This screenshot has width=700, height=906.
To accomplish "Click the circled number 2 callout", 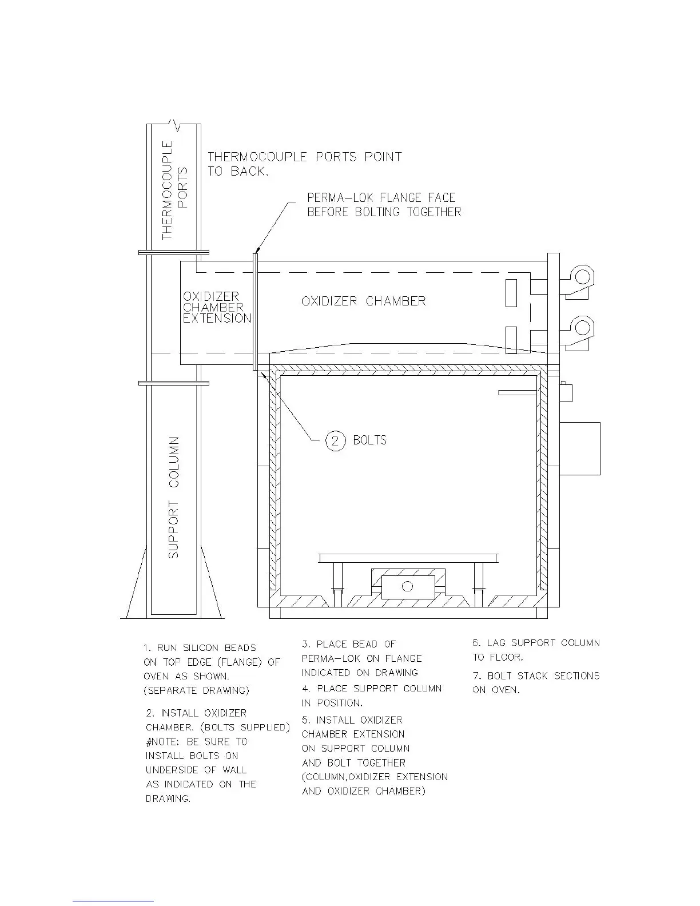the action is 336,440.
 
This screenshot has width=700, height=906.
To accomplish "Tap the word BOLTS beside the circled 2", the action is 369,440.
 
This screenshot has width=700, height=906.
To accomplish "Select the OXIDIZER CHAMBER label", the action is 363,301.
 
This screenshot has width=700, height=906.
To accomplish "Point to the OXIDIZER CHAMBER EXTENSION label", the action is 217,307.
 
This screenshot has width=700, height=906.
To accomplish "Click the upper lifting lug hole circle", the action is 583,277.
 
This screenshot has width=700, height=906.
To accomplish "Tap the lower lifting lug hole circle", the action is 583,327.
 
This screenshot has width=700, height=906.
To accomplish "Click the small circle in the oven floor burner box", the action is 407,586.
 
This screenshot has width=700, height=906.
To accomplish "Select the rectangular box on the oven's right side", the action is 579,448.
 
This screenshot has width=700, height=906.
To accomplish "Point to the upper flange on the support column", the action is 173,252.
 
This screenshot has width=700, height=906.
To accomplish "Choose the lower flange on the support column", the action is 173,383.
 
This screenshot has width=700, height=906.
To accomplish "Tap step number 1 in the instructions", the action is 147,648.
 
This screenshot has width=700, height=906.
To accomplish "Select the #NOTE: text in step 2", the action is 164,742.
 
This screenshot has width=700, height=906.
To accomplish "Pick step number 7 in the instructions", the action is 476,676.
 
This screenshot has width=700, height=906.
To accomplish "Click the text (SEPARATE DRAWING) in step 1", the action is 196,691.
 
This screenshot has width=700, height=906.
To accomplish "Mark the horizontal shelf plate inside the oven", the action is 408,558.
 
